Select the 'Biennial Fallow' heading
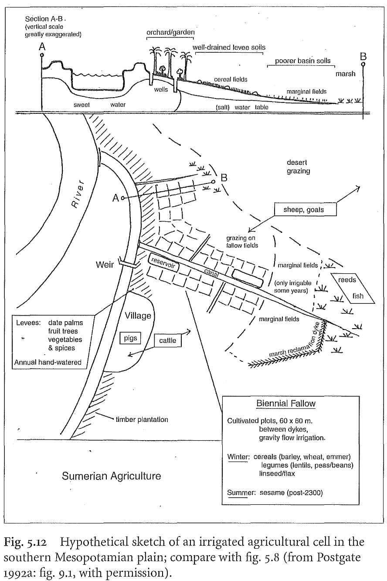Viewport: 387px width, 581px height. click(285, 403)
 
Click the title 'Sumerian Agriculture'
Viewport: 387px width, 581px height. click(111, 476)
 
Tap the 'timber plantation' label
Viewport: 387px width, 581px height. click(142, 420)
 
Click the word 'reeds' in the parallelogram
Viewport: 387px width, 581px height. click(347, 280)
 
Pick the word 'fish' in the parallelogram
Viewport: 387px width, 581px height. click(357, 296)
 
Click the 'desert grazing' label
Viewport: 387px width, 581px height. click(299, 167)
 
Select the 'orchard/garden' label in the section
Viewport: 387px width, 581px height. click(170, 32)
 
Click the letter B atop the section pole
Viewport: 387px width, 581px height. click(363, 56)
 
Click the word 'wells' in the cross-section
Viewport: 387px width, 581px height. click(161, 89)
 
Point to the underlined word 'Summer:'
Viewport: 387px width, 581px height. click(238, 493)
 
